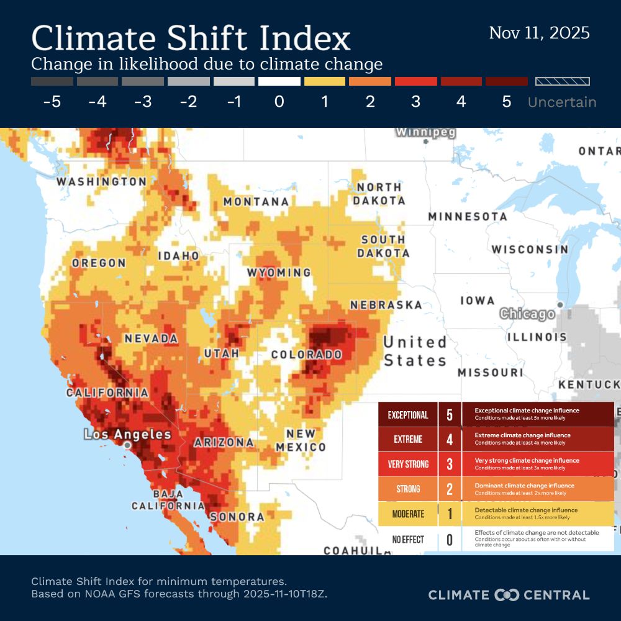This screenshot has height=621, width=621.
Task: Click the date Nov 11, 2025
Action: (539, 33)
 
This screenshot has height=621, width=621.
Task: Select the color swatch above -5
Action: (52, 81)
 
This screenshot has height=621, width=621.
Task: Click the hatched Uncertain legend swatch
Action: (563, 81)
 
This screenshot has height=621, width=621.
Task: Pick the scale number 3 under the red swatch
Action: (415, 102)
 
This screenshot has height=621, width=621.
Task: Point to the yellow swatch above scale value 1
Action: (325, 81)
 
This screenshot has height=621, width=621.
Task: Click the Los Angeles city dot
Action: (127, 445)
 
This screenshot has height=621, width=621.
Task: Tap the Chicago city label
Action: (527, 314)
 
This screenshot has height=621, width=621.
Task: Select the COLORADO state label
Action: (307, 355)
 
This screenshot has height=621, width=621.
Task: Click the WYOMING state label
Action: (279, 273)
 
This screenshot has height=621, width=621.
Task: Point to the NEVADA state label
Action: (151, 339)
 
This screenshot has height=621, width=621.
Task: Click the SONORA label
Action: (237, 517)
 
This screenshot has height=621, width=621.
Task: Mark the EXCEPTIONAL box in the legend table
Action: (408, 415)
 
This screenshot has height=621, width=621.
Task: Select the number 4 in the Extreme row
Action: (450, 440)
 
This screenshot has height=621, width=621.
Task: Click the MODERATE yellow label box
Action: (408, 514)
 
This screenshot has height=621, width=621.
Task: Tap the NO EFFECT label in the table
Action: (408, 540)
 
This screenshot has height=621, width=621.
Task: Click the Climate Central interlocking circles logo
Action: (506, 595)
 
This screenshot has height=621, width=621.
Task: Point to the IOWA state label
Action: (478, 301)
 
